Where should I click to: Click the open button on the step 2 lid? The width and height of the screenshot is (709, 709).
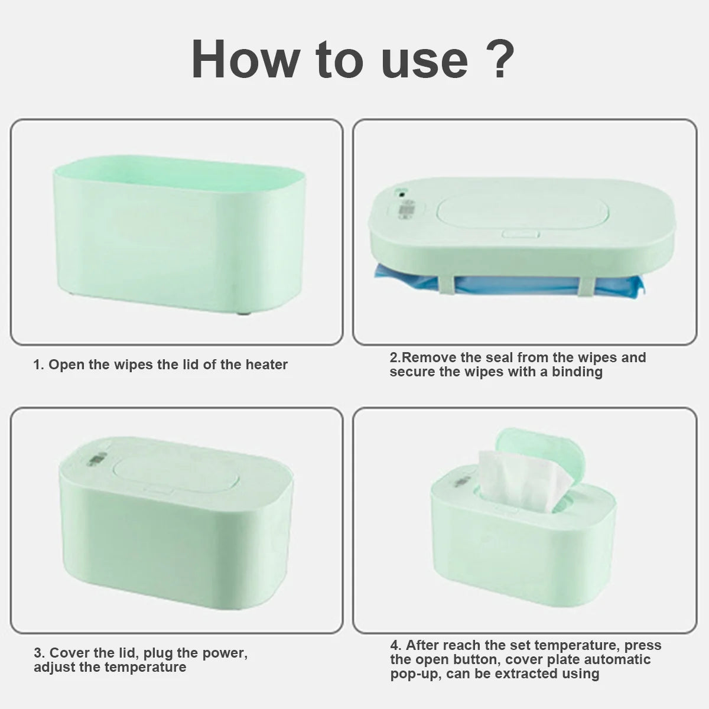521,233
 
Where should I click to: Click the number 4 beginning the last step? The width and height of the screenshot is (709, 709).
394,645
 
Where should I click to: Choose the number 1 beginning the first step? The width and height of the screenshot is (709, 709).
37,365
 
